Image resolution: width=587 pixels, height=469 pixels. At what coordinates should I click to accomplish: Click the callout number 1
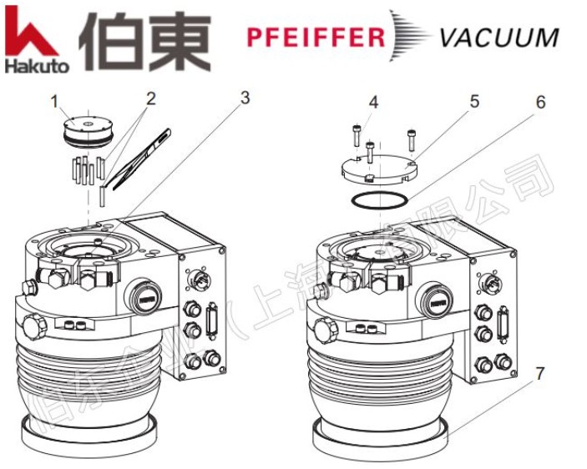(54, 102)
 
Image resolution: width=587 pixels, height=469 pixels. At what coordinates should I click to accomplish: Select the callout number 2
(151, 98)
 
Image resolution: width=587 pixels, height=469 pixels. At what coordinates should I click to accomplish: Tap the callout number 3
(245, 98)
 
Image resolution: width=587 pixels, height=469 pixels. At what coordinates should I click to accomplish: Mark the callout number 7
(540, 373)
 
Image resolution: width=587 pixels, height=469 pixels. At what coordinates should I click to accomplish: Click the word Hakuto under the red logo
(36, 63)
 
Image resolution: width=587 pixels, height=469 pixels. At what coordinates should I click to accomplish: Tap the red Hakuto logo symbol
(30, 32)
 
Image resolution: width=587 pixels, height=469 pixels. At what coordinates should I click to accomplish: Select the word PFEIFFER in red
(316, 38)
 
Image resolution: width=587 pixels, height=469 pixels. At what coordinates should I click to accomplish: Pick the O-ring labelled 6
(380, 200)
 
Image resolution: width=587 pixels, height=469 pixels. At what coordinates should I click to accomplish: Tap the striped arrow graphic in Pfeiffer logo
(409, 37)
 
